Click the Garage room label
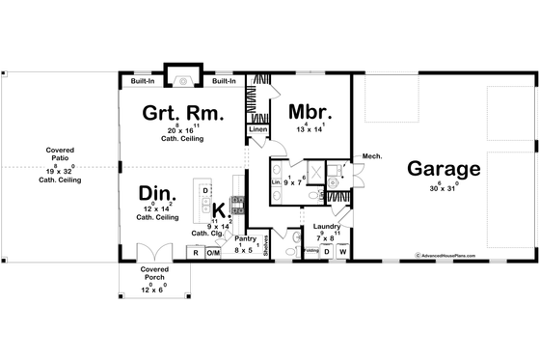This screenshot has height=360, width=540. point(443,170)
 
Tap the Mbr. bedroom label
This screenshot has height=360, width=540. point(310,111)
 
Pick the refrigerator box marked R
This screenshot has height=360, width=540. point(195,253)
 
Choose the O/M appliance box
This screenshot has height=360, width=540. point(214,253)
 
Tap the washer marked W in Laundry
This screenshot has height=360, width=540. point(342,253)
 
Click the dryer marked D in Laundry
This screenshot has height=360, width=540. point(326,253)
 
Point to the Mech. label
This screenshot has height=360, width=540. point(371,155)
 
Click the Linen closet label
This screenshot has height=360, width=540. point(256,128)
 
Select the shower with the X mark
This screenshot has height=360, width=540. point(313,170)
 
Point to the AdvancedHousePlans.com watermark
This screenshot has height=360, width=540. point(454,256)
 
